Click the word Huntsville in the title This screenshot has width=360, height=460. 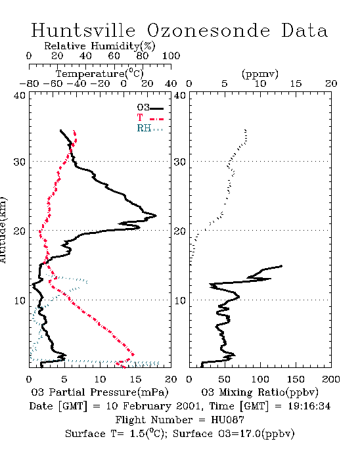click(x=83, y=30)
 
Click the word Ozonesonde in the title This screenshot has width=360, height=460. click(x=208, y=30)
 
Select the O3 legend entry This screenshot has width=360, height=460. click(x=150, y=108)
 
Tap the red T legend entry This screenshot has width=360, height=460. click(x=150, y=118)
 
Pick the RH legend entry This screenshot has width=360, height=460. click(x=150, y=129)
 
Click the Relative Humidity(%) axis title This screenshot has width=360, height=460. click(x=100, y=46)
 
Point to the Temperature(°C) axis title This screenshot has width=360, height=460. click(x=100, y=74)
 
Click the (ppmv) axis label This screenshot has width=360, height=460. click(x=260, y=74)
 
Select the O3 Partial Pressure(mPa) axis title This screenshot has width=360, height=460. click(x=100, y=392)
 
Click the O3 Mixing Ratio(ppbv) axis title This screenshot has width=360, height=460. click(x=260, y=392)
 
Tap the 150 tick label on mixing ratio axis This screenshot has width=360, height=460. click(x=296, y=379)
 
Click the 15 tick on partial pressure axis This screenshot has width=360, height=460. click(x=135, y=379)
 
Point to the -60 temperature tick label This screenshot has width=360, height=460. click(x=53, y=84)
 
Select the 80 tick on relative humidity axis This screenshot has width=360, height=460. click(x=142, y=56)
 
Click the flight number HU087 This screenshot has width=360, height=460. click(x=227, y=420)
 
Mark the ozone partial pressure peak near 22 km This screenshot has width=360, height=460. click(x=156, y=216)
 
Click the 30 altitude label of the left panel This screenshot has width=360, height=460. click(x=19, y=162)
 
